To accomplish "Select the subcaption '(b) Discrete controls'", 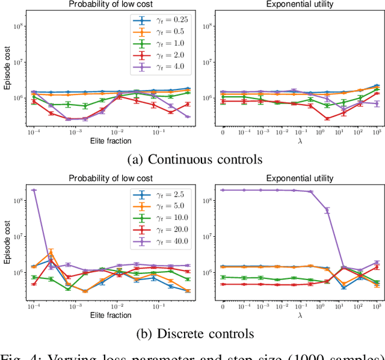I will [192, 334].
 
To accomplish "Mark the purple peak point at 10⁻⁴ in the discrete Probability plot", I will [34, 190].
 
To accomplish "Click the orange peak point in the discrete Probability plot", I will [51, 253].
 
